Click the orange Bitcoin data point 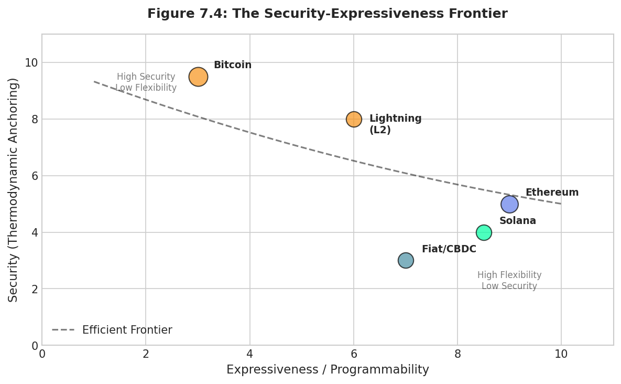(x=198, y=77)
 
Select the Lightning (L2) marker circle (x=354, y=119)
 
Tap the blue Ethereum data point (x=509, y=204)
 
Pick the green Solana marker (x=484, y=232)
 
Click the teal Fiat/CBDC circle (x=406, y=260)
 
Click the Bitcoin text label (x=232, y=65)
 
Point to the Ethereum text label (x=552, y=193)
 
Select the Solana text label (x=517, y=221)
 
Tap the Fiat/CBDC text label (x=449, y=249)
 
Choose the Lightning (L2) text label (x=395, y=124)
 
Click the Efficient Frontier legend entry (x=112, y=330)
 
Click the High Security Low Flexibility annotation (x=146, y=82)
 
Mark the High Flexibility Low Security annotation (x=509, y=281)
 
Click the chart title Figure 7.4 (x=327, y=14)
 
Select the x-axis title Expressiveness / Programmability (x=328, y=370)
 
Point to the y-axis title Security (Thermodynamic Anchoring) (x=13, y=189)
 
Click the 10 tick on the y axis (x=31, y=62)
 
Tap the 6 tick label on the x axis (x=354, y=354)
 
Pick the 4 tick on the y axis (x=35, y=232)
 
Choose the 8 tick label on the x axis (x=457, y=354)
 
